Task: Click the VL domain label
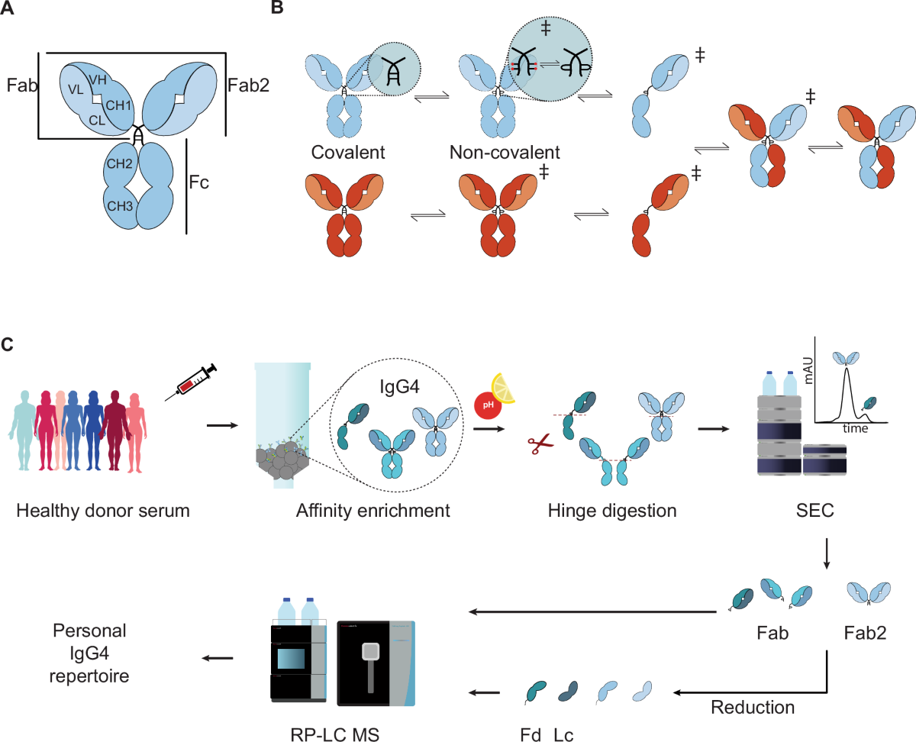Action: (x=76, y=89)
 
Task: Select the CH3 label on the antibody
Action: (x=120, y=206)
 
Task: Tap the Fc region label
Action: (x=199, y=182)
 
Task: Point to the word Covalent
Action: (x=348, y=152)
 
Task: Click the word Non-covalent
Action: (x=505, y=152)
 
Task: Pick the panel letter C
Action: (x=8, y=344)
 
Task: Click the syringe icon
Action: (x=191, y=382)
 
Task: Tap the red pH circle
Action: (x=488, y=405)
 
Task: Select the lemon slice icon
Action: (x=504, y=389)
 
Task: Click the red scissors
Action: (x=540, y=444)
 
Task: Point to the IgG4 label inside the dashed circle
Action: (x=399, y=387)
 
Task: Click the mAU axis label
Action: (x=808, y=370)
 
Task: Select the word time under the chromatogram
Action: (x=856, y=428)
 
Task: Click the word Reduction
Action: (x=753, y=707)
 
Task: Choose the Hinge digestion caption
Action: (x=612, y=511)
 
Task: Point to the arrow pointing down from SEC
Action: (x=826, y=553)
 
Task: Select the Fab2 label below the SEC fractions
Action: (x=866, y=633)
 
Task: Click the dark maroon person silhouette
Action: (x=114, y=430)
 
